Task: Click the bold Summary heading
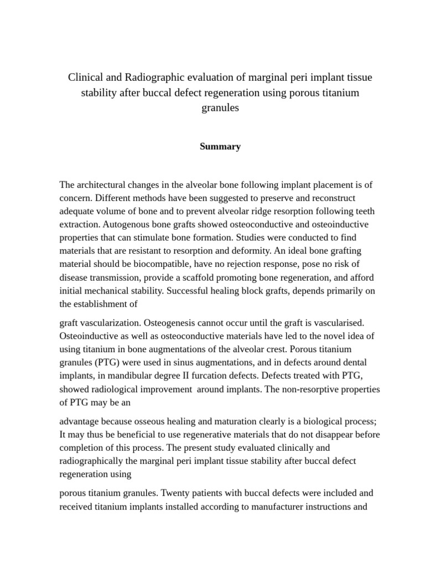tap(220, 147)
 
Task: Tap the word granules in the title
tap(220, 108)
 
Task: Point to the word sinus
tap(203, 363)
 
